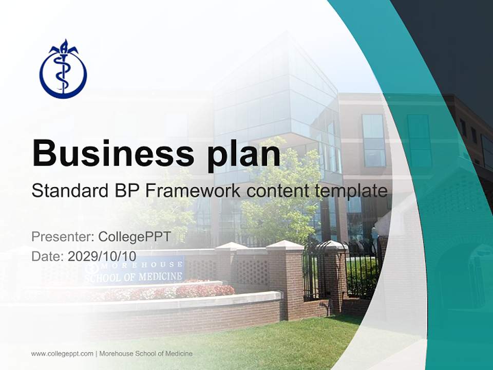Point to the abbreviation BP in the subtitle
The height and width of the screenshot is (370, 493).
point(123,191)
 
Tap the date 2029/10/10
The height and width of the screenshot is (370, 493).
point(102,256)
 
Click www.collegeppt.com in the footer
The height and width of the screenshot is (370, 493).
point(62,354)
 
